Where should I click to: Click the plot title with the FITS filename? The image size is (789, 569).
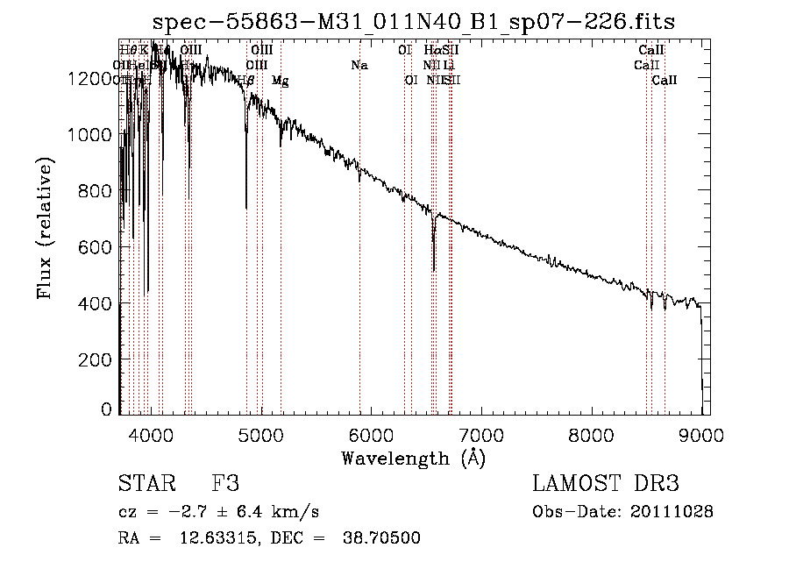click(x=414, y=21)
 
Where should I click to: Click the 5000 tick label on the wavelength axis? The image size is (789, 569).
click(x=261, y=435)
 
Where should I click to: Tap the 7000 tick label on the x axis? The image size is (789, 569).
click(x=481, y=435)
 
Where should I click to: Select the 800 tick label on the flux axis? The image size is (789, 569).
click(x=99, y=191)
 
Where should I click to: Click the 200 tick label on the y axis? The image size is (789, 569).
click(x=99, y=359)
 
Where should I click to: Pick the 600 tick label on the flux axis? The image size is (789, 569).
click(x=99, y=247)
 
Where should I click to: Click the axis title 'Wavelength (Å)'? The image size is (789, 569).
click(x=413, y=458)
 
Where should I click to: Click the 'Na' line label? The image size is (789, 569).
click(x=359, y=65)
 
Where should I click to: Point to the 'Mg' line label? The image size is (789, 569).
click(x=280, y=81)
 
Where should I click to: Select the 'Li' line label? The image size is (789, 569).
click(x=449, y=65)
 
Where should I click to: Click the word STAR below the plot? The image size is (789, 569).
click(x=146, y=485)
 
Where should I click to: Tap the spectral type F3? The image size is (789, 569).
click(x=225, y=485)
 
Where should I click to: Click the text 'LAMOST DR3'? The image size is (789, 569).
click(x=605, y=485)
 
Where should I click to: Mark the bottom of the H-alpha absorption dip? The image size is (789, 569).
click(x=434, y=270)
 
